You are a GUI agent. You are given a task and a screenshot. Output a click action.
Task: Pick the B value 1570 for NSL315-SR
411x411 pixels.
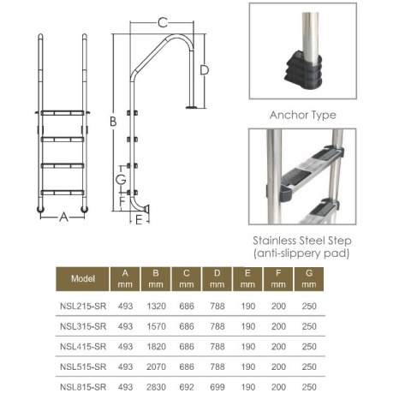point(157,326)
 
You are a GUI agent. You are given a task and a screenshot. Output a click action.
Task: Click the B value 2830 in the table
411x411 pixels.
point(157,388)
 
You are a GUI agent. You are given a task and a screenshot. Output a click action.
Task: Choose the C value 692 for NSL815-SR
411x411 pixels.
point(186,388)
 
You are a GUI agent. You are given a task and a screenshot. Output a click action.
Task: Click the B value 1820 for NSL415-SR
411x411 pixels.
point(157,347)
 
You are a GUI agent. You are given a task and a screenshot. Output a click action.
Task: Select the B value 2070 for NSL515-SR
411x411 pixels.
point(157,367)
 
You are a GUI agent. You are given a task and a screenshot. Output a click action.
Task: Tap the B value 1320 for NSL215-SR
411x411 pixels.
point(157,306)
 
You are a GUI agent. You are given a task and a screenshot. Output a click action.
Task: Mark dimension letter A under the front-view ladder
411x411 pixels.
point(63,217)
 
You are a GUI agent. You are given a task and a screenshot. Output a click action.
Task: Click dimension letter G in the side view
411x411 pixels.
point(121,179)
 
